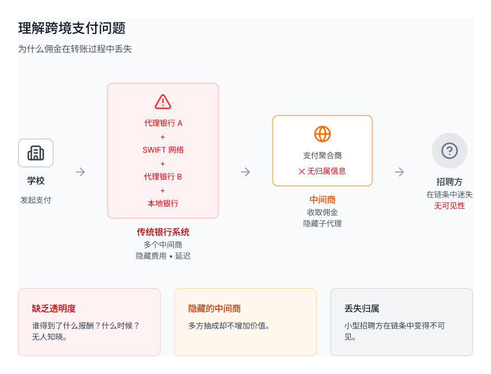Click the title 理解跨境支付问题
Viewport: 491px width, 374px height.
[x=72, y=28]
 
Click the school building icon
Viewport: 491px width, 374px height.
[x=36, y=153]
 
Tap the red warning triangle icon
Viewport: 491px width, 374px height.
[x=163, y=102]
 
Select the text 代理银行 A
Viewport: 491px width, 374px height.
[x=163, y=123]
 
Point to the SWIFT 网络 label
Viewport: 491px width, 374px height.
[x=163, y=150]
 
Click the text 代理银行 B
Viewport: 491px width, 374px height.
[x=163, y=177]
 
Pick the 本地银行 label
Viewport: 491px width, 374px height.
[x=163, y=204]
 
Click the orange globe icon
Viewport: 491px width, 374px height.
[x=322, y=134]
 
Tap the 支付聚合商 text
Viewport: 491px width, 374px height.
[x=322, y=156]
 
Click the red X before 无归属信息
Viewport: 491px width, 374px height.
[x=302, y=171]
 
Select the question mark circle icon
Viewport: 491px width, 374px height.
[x=449, y=151]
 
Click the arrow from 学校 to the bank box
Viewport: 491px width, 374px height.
[x=81, y=172]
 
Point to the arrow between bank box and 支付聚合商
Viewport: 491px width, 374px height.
[x=246, y=172]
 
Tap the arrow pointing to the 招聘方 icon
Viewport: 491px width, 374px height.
[x=399, y=172]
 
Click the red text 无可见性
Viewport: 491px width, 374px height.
[x=449, y=206]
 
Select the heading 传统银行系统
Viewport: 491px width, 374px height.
[x=163, y=232]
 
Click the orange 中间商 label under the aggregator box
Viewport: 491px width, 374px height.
[x=322, y=200]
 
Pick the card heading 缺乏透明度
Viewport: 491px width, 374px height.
[x=54, y=309]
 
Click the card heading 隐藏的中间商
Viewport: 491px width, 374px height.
[x=214, y=309]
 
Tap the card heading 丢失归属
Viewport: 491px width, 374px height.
[x=362, y=309]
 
